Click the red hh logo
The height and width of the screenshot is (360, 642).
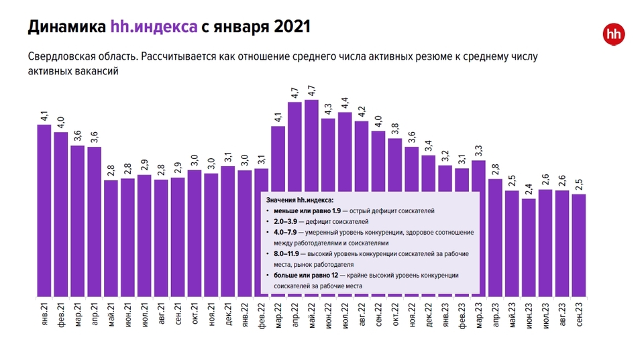tap(611, 34)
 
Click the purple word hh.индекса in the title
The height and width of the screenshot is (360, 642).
tap(154, 27)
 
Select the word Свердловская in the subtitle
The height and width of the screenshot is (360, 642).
tap(60, 57)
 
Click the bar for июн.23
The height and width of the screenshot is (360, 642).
tap(529, 247)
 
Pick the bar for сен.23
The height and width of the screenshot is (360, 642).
tap(580, 245)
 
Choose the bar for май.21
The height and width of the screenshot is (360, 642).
tap(111, 238)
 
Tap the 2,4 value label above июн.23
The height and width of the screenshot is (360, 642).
tap(529, 190)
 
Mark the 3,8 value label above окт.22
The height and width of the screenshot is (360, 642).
tap(395, 129)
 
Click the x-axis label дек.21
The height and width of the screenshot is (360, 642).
tap(228, 315)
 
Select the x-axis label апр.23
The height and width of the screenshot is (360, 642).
tap(496, 315)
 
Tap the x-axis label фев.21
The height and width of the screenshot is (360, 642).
tap(61, 315)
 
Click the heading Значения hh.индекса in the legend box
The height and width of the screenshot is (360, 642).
tap(299, 200)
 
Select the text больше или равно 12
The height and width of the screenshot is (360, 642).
tap(306, 276)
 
